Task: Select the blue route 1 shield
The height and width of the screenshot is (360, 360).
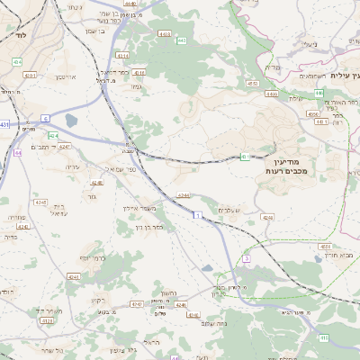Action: coord(195,215)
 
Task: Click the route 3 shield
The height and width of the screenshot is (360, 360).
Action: coord(246,259)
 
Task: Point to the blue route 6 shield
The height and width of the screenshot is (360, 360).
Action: coord(45,118)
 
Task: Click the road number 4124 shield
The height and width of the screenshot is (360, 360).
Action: coord(54,136)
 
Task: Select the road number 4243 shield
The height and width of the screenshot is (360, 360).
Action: coord(96,183)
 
